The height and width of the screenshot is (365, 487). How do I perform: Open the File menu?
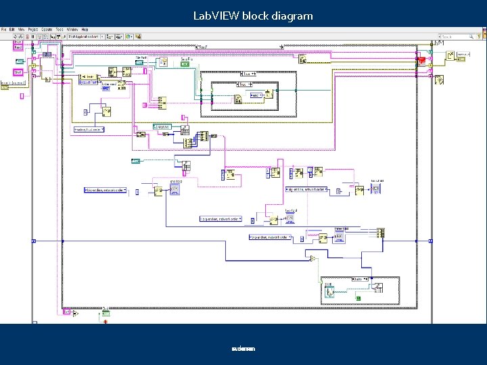[3, 30]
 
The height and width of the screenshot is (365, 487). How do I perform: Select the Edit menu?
[11, 30]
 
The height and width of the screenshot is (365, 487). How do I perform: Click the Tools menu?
[60, 30]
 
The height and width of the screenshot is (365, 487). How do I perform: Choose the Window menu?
[72, 30]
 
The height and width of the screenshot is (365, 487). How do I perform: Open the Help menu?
[85, 30]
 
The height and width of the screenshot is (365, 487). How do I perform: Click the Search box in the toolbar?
[460, 36]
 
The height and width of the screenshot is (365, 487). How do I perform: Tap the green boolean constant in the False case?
[358, 297]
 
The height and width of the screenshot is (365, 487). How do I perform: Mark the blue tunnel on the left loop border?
[62, 240]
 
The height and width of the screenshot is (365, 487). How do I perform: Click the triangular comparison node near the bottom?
[312, 259]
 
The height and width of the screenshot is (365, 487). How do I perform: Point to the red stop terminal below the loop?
[105, 321]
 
